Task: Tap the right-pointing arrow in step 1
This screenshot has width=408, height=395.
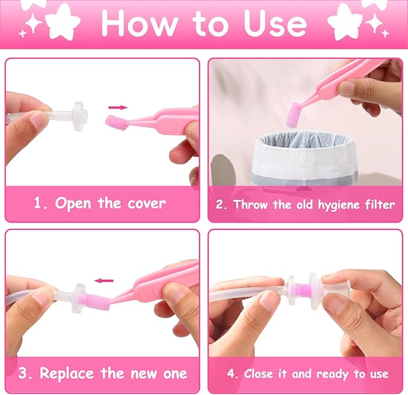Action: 118,107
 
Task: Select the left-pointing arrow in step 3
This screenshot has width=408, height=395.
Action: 104,281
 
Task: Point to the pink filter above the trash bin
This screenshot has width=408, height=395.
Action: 294,115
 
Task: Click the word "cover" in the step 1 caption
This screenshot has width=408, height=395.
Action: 147,204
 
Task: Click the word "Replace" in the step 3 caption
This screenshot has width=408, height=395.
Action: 67,374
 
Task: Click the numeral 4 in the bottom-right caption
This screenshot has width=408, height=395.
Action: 231,374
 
